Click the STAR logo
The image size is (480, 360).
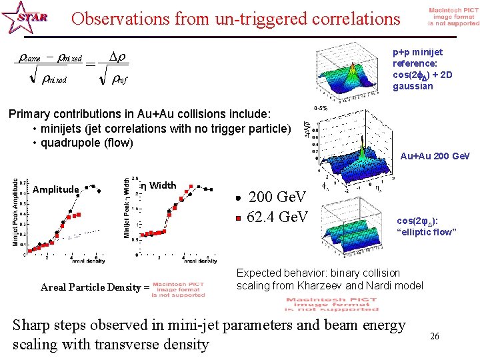click(x=25, y=18)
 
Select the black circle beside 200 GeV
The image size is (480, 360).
click(x=238, y=198)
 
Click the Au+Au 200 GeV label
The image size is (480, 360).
click(x=435, y=156)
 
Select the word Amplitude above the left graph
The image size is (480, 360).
click(x=55, y=189)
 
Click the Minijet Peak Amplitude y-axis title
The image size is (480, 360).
click(x=15, y=212)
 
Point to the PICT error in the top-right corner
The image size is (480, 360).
click(x=453, y=17)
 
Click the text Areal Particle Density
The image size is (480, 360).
click(x=91, y=287)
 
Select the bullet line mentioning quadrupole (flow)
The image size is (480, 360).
click(x=87, y=142)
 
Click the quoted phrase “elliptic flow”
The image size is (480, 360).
click(x=426, y=232)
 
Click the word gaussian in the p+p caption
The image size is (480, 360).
click(x=413, y=86)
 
